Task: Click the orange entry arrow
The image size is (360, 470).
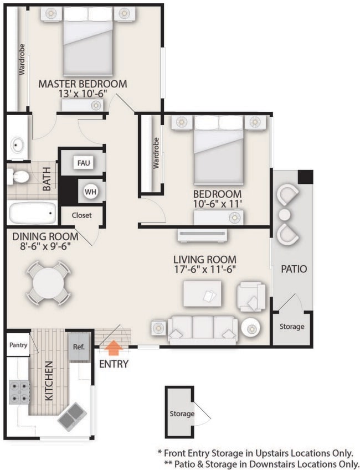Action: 114,348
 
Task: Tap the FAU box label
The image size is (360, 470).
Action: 84,163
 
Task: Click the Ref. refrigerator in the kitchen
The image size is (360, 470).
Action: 78,347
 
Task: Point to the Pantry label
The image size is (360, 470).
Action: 18,345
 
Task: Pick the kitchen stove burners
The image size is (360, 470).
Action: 19,391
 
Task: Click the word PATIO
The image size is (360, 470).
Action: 293,270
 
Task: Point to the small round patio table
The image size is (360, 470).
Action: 285,214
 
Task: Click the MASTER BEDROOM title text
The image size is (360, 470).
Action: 82,84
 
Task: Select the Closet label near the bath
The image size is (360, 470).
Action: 81,215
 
